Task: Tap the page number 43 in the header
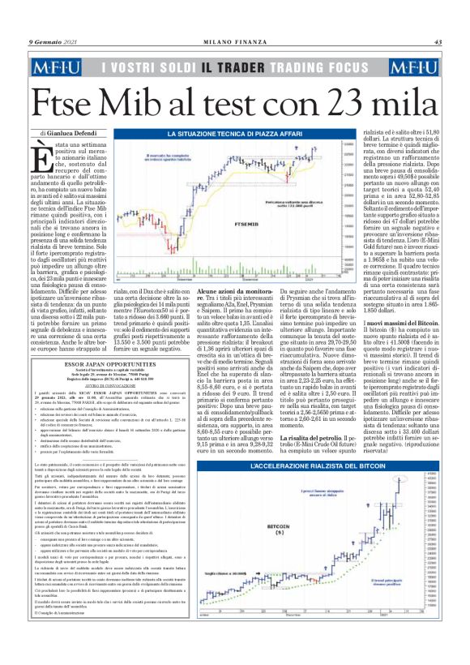[438, 42]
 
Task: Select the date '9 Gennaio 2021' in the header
[53, 42]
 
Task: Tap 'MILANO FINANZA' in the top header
[235, 42]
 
